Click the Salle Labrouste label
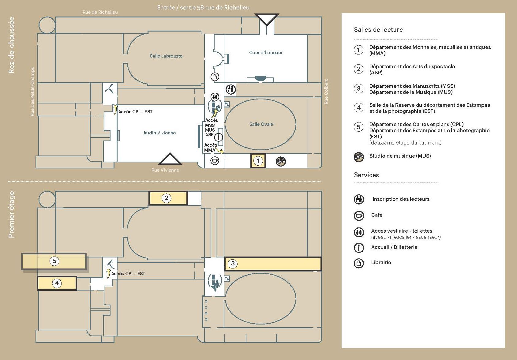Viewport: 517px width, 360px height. (166, 56)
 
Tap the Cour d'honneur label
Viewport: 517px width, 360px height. (266, 53)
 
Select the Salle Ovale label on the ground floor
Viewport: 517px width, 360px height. (261, 124)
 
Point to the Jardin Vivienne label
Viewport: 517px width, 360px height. (159, 133)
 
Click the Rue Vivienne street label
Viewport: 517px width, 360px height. (165, 170)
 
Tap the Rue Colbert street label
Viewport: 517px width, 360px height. (326, 92)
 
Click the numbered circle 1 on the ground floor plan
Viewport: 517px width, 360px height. (258, 161)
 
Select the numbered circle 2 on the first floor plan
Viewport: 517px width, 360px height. (167, 198)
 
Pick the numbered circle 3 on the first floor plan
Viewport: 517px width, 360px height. (233, 263)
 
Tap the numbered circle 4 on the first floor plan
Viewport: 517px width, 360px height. (57, 283)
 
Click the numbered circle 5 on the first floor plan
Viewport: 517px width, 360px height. (54, 261)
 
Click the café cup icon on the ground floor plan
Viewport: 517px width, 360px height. (215, 161)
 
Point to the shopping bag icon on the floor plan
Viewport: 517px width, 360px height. (215, 77)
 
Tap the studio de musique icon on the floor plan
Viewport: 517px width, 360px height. (281, 161)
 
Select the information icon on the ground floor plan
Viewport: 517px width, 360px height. (218, 137)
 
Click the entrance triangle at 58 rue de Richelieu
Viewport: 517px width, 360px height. (267, 19)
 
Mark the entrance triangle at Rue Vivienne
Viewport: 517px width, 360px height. (170, 159)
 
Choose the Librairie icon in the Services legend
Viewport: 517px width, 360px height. (359, 263)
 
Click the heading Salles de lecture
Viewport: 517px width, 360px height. (378, 29)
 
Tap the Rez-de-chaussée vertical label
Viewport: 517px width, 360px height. (11, 45)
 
